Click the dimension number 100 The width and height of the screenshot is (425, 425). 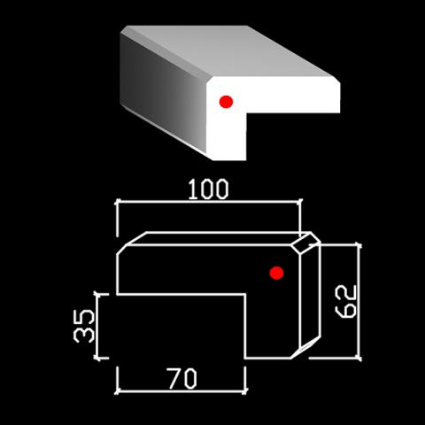point(208,189)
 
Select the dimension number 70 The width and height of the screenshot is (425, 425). point(182,378)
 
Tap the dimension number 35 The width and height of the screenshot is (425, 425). point(84,326)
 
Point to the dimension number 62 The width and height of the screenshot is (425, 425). point(346,302)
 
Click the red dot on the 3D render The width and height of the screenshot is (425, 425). point(226,102)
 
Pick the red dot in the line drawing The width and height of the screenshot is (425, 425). point(276,273)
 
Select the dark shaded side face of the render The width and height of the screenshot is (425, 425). point(162,91)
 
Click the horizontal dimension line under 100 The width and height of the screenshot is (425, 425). point(209,202)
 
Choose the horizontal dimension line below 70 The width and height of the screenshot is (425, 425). point(181,391)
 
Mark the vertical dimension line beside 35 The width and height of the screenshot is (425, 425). point(98,327)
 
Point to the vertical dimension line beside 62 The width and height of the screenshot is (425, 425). point(359,301)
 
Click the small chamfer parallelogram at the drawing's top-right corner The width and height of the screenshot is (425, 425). point(305,243)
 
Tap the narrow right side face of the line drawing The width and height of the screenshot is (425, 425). point(310,295)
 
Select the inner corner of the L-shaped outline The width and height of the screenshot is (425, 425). point(245,294)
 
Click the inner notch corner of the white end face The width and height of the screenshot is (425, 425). point(246,112)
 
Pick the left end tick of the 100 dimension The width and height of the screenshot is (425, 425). point(117,202)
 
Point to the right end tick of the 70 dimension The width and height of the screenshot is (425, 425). point(245,391)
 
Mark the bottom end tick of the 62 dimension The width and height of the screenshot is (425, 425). point(359,359)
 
